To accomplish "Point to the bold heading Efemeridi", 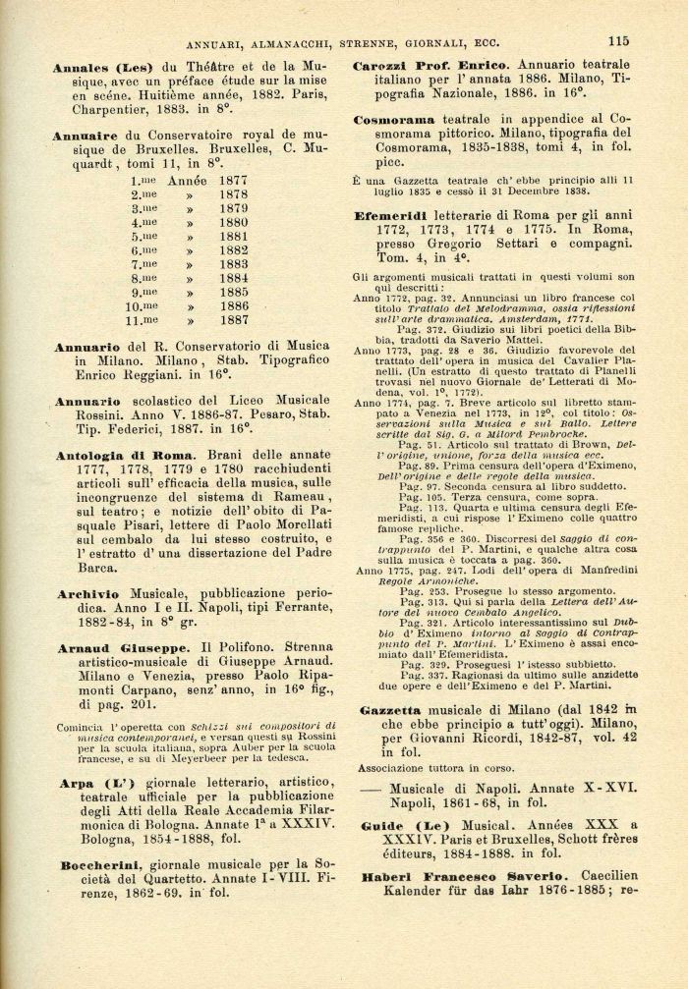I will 393,215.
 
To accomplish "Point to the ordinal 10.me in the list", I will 143,305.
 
